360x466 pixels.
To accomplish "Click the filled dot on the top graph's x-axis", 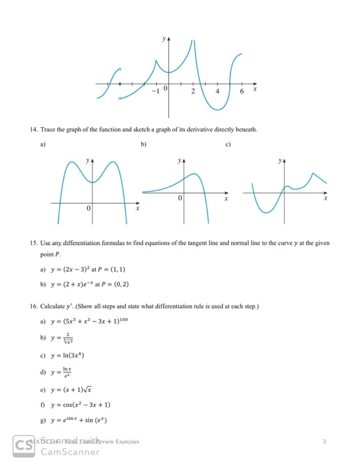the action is [120, 85].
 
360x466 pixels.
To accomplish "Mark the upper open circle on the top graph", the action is [120, 69].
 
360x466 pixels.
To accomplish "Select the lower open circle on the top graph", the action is [120, 99].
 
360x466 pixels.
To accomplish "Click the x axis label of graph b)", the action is [226, 198].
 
